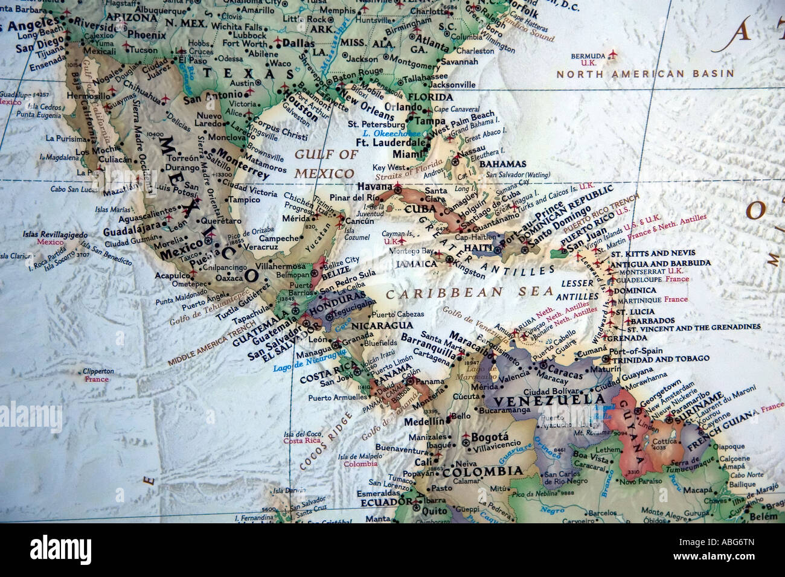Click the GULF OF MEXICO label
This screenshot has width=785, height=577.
click(325, 164)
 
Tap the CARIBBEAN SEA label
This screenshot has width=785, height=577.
click(470, 293)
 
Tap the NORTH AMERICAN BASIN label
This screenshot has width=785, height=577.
click(645, 74)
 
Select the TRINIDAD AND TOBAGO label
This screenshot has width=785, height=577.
click(660, 359)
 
